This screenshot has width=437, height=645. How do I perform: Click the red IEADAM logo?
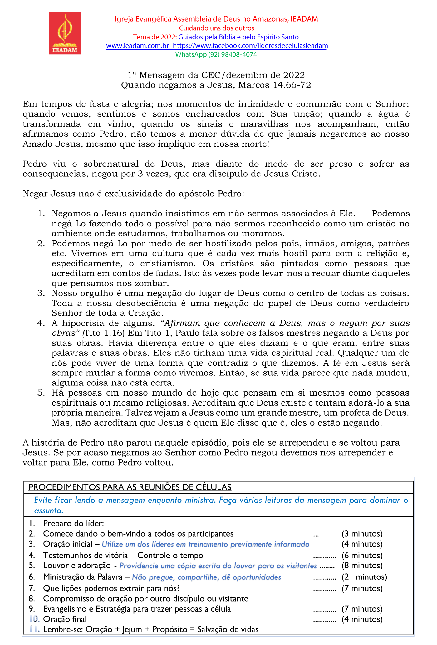point(65,33)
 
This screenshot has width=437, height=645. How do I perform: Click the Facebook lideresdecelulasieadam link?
point(250,46)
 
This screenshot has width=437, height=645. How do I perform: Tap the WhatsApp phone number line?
point(216,54)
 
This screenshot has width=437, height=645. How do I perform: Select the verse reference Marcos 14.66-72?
point(275,85)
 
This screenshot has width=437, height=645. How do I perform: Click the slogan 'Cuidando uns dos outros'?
point(216,28)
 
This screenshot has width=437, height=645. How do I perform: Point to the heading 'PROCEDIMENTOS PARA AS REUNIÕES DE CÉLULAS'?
point(130,487)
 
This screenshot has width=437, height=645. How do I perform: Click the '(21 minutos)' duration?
point(364,577)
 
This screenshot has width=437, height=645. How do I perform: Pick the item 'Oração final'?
point(65,619)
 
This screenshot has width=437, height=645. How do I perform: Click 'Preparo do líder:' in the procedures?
point(73,523)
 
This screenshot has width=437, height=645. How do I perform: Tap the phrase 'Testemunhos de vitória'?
point(86,555)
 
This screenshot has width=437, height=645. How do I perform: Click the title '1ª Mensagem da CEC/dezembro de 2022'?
point(216,75)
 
